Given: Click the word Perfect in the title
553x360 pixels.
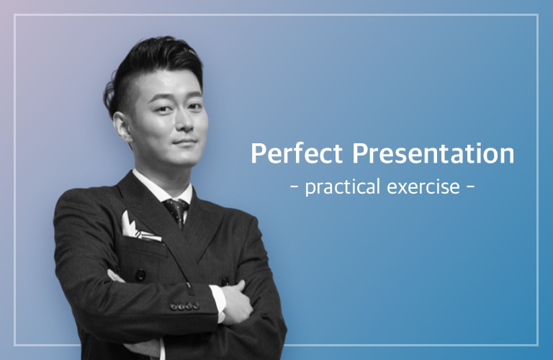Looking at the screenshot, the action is (297, 153).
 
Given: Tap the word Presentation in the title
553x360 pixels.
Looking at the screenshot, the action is (433, 153).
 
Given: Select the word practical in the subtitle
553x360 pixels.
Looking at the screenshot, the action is (342, 187).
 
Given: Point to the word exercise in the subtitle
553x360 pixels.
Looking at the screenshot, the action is (423, 186).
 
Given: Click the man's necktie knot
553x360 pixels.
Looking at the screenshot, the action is (175, 206).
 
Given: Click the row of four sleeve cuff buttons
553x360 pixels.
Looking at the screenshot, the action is (184, 306).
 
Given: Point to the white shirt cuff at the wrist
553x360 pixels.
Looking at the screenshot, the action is (219, 303).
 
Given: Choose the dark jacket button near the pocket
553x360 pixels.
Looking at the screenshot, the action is (140, 274).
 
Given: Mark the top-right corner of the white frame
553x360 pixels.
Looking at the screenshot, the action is (538, 14).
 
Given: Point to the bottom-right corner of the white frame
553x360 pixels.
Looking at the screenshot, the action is (538, 345).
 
